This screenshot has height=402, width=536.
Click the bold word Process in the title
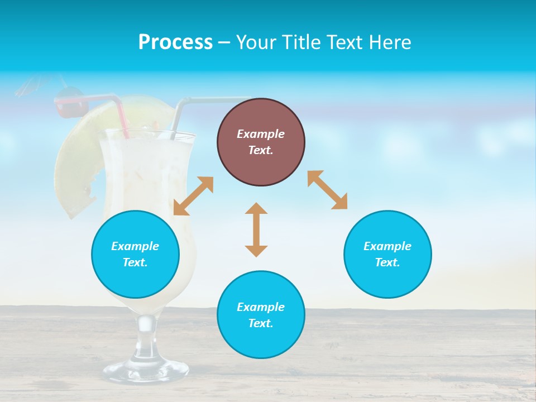[175, 42]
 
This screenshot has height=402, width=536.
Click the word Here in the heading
[390, 42]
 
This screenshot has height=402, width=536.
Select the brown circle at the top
[261, 142]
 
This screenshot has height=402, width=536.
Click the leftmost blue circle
[135, 254]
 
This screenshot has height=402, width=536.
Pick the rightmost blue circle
[387, 254]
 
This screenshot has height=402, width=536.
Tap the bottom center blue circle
[261, 314]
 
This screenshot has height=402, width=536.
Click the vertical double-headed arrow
[256, 229]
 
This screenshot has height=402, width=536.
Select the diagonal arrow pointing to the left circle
[193, 196]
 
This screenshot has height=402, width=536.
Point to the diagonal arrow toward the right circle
[328, 190]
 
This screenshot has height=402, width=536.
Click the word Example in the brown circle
[261, 134]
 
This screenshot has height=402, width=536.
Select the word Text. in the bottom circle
[261, 323]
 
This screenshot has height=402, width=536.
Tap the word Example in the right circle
[387, 246]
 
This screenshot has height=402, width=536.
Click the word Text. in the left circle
[135, 262]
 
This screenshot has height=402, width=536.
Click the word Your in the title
[255, 42]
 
